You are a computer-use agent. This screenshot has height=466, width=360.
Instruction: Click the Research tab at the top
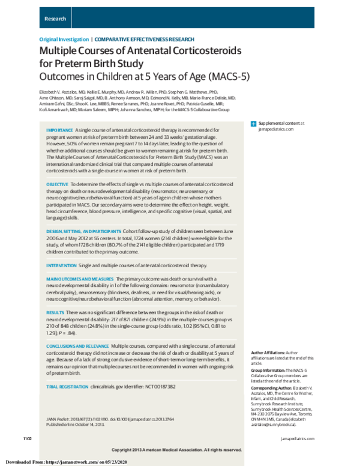[x=55, y=19]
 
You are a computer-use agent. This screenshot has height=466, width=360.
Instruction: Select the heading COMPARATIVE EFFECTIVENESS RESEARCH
[x=132, y=38]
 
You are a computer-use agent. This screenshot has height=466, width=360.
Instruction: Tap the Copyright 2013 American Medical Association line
[x=180, y=450]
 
